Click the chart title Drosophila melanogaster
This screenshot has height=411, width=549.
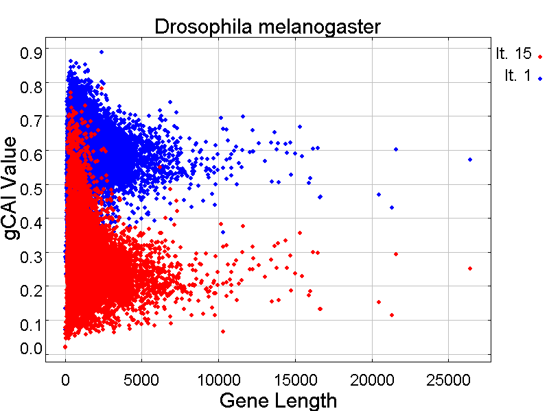coord(267,27)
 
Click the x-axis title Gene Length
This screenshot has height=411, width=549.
coord(277,400)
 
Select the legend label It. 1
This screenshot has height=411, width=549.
coord(517,77)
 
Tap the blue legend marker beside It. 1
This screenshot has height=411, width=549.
coord(540,79)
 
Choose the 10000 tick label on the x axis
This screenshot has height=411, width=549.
coord(218,379)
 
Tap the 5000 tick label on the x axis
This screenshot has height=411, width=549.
coord(141,379)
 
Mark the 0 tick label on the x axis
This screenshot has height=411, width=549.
coord(65,379)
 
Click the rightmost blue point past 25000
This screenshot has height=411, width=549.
coord(470,160)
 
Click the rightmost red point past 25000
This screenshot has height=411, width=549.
coord(470,269)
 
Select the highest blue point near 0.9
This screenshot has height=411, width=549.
coord(102,52)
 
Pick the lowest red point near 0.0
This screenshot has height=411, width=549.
coord(65,347)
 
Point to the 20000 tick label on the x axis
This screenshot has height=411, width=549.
coord(371,379)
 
